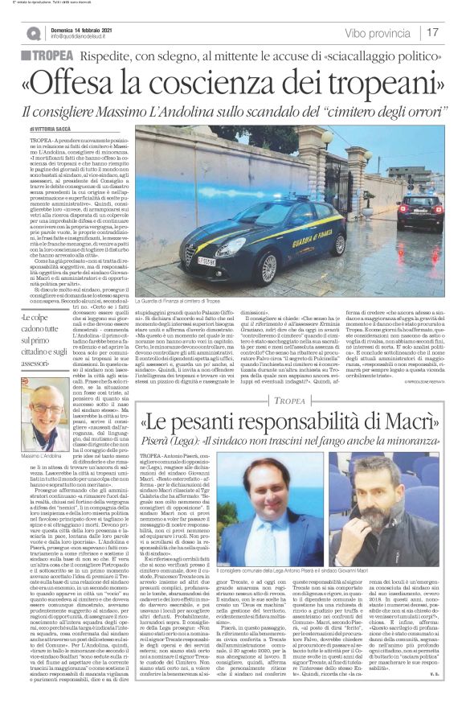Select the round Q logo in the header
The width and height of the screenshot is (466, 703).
pos(33,33)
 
